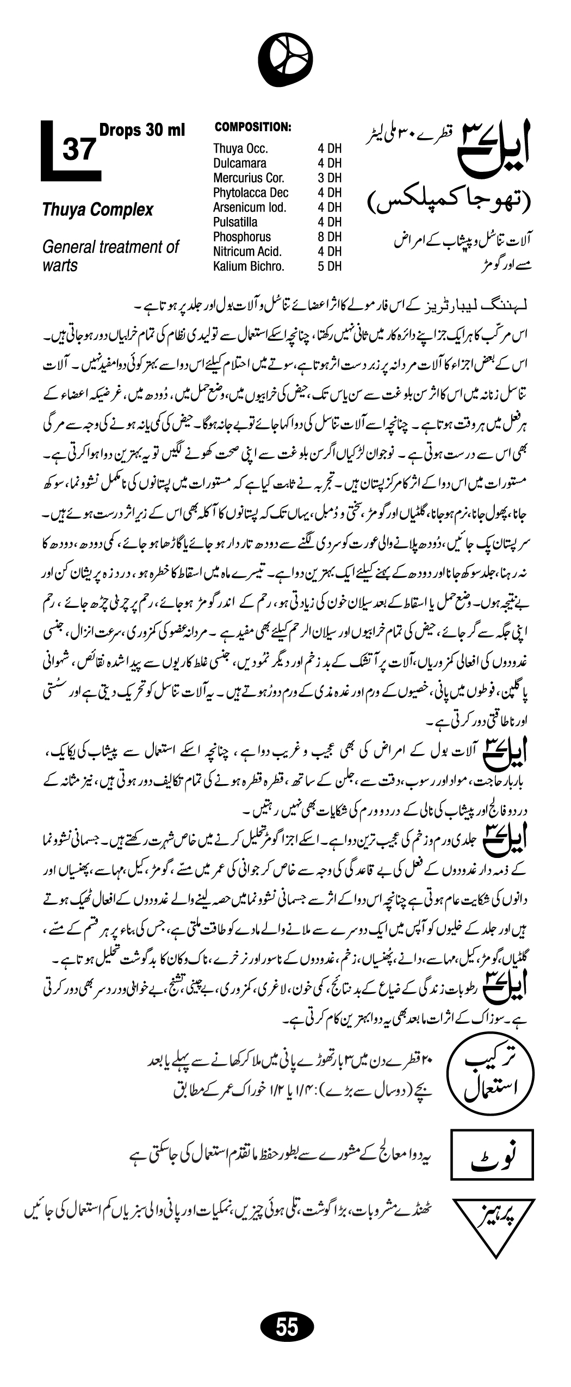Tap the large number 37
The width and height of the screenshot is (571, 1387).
click(x=79, y=150)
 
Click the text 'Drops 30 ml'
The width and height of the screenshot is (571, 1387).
click(x=142, y=130)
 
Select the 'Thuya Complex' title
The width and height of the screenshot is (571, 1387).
click(x=98, y=210)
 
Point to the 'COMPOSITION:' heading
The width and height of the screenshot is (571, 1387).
click(x=253, y=127)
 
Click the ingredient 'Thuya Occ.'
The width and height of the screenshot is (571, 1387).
click(x=240, y=148)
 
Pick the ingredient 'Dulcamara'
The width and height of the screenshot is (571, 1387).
click(x=240, y=163)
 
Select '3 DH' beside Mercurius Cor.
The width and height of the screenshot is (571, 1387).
click(x=329, y=178)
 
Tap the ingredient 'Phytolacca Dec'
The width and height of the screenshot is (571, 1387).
click(x=251, y=192)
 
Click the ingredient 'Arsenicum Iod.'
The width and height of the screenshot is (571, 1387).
click(x=250, y=207)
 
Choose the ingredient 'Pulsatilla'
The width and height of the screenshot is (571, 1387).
click(x=235, y=222)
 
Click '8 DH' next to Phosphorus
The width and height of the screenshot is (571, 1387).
click(x=329, y=237)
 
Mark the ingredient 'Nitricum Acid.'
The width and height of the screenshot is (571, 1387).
click(x=247, y=252)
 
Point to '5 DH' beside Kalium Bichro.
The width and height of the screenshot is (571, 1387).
click(x=329, y=266)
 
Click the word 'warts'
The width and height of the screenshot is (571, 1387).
click(x=60, y=266)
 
